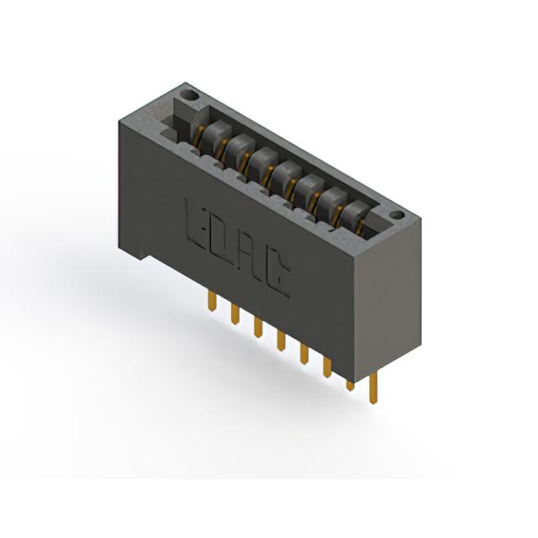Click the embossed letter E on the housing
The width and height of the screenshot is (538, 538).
[196, 224]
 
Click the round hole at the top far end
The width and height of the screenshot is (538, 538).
[189, 95]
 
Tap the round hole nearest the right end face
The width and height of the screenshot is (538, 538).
[397, 215]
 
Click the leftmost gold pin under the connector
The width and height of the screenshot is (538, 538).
[212, 301]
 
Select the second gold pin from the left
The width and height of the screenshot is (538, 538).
[235, 314]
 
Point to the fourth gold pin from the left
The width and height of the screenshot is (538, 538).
[281, 340]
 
